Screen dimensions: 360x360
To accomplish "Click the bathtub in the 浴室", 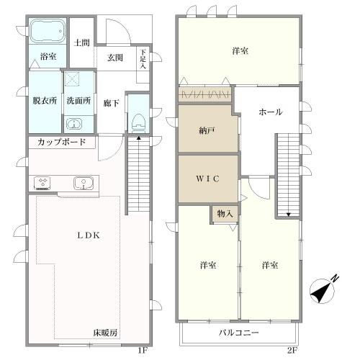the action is click(48, 31).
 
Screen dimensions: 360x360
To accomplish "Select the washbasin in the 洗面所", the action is click(74, 125).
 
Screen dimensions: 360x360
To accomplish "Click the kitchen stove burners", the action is click(42, 184).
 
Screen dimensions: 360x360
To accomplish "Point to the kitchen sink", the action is click(83, 184).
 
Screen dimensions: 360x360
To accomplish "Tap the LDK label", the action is click(89, 235).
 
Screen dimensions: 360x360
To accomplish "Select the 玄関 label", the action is click(115, 58).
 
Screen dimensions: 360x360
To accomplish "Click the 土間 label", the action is click(81, 42).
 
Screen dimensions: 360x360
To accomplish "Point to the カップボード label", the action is click(62, 142).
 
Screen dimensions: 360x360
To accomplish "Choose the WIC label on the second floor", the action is click(207, 179).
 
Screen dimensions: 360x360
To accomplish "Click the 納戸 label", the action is click(207, 130).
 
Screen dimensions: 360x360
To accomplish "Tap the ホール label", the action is click(271, 112).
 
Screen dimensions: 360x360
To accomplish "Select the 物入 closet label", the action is click(225, 214).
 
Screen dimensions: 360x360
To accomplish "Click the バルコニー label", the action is click(239, 333).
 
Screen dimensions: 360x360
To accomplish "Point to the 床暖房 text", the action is click(105, 333).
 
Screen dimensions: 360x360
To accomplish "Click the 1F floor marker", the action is click(142, 351).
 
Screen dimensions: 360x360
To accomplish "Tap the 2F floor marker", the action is click(292, 351).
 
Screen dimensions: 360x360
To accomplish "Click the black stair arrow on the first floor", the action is click(138, 138).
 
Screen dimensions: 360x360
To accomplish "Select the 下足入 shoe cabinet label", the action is click(143, 59).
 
